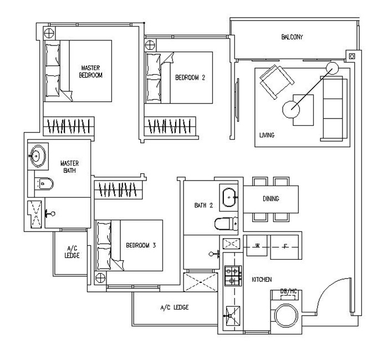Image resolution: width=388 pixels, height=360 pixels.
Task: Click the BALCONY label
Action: (x=292, y=37)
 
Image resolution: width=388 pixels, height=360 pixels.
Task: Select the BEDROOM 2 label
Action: (x=190, y=78)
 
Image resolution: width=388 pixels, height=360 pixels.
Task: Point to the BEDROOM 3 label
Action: (x=141, y=246)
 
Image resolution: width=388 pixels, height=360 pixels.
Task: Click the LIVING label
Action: (x=267, y=135)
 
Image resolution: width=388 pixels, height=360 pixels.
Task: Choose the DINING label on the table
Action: (x=271, y=199)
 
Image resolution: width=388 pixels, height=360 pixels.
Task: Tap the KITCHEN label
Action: (x=261, y=280)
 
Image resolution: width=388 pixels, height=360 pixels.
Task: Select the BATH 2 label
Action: (x=203, y=205)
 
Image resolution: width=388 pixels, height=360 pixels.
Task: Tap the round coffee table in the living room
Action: (x=292, y=109)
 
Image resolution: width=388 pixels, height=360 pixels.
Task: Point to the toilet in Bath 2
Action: (x=226, y=224)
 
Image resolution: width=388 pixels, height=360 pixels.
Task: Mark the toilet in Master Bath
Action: (x=44, y=182)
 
